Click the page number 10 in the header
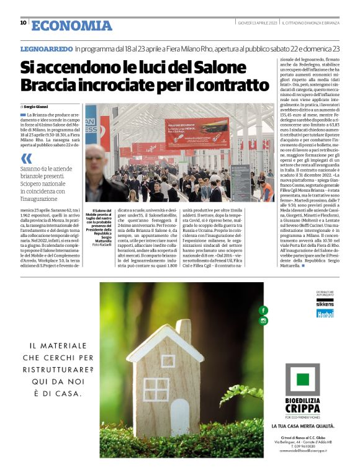[23, 23]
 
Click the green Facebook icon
[263, 310]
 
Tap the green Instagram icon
[263, 321]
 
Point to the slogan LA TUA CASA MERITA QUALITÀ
[303, 427]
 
